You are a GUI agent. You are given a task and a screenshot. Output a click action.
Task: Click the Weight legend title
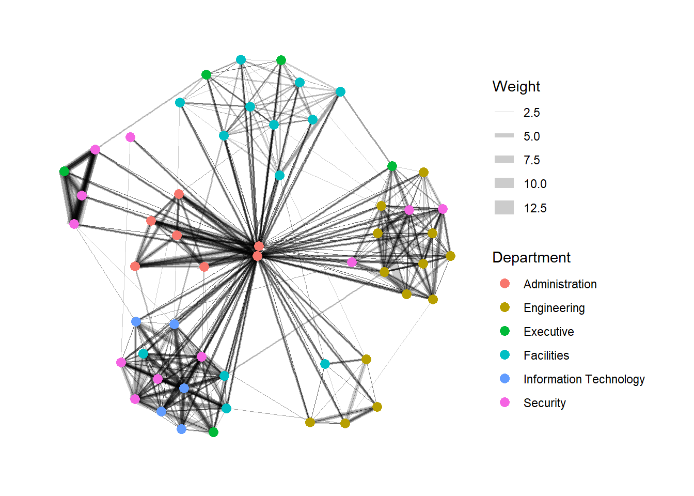516,86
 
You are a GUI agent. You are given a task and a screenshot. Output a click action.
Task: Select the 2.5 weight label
531,113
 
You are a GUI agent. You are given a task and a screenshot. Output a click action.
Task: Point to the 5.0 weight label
531,136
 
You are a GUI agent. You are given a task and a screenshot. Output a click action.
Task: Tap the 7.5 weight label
531,160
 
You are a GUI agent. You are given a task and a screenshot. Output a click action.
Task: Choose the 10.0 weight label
534,184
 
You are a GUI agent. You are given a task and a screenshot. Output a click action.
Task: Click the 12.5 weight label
534,208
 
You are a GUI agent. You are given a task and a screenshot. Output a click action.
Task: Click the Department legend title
531,257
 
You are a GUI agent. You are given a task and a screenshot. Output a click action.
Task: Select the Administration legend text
560,284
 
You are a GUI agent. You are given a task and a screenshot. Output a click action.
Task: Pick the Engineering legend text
554,308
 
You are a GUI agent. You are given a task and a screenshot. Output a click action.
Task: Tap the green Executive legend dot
505,331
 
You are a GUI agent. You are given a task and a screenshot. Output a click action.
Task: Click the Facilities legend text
546,355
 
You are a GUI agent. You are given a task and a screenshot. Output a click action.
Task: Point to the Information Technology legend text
583,379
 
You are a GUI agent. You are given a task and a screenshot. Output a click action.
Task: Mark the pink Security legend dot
505,402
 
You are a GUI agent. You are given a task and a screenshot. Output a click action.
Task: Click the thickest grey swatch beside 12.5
504,208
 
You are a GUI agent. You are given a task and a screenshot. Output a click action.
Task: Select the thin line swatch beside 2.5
504,112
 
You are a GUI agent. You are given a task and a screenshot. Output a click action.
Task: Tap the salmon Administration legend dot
505,284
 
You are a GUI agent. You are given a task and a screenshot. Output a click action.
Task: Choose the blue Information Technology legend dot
505,379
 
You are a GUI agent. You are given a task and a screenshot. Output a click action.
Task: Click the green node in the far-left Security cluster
64,171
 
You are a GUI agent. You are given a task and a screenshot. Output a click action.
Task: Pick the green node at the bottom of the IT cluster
213,432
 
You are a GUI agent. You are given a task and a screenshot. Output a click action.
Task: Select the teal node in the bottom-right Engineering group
325,364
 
